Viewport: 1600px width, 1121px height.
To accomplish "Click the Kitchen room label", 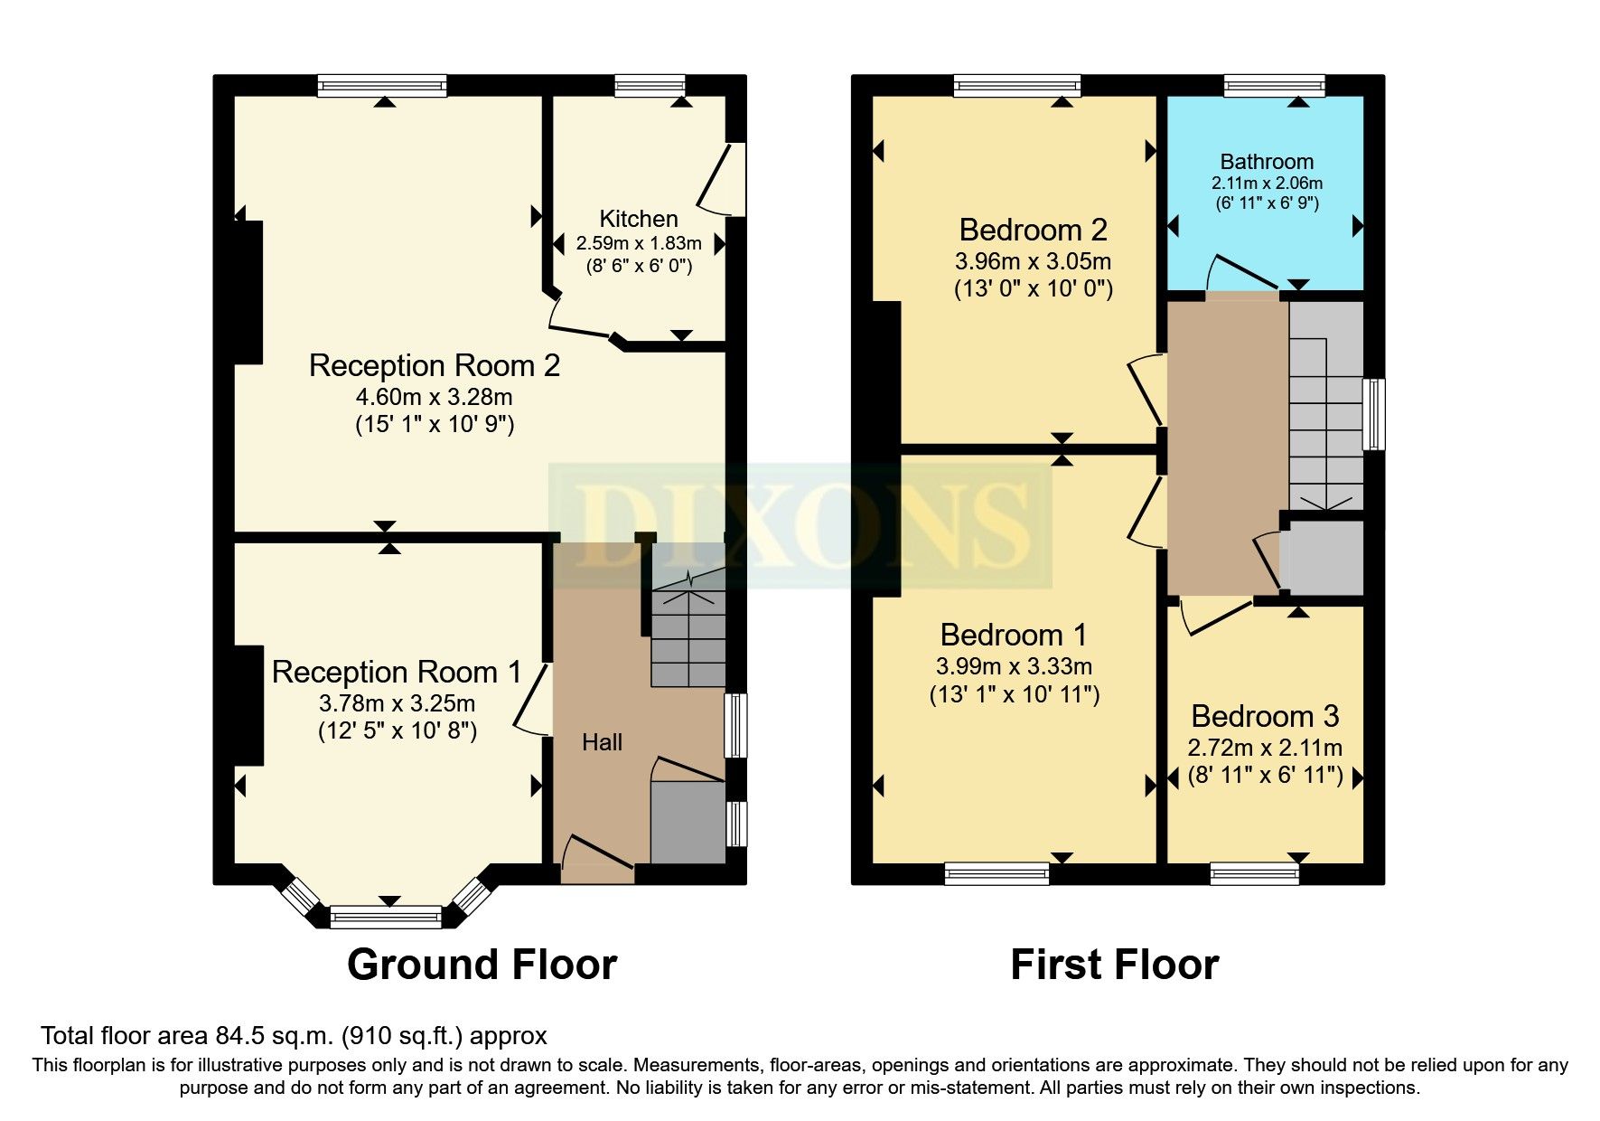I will point(638,219).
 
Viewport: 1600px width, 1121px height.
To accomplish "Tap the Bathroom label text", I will point(1266,162).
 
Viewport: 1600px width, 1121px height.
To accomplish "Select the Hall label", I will point(602,742).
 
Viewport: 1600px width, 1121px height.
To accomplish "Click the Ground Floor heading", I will point(482,965).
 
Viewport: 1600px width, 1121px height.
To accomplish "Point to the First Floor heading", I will point(1114,965).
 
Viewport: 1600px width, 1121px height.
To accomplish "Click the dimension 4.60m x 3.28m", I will point(434,397).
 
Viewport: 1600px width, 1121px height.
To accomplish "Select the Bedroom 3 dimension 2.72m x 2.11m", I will point(1264,748).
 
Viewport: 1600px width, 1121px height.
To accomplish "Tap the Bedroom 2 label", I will point(1033,230).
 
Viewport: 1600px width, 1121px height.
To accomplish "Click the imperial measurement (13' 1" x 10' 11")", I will point(1014,694).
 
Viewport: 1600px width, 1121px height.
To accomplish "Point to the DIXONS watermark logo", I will point(800,525).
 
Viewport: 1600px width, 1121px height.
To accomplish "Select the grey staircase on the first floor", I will point(1325,407).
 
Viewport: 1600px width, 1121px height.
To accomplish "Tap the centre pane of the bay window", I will point(386,918).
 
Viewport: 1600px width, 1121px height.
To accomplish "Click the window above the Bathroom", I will point(1274,87).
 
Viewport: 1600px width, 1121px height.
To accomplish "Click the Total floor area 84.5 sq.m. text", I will point(294,1036).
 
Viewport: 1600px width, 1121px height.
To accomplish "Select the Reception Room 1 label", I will point(397,672).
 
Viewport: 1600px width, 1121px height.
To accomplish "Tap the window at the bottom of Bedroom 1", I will point(996,872).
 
